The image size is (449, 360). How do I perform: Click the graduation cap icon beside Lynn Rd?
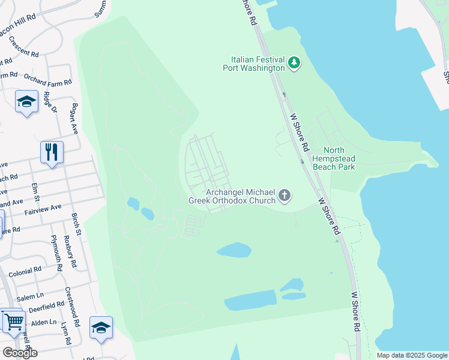pos(101,327)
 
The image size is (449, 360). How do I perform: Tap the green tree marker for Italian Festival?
pos(294,62)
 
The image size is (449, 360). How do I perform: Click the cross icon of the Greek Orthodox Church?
pos(285,195)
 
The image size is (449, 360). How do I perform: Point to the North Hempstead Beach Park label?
pos(339,158)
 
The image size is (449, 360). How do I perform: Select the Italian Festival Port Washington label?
pos(258,64)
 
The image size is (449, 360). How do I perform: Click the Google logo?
pos(20,353)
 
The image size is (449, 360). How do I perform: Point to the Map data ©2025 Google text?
pos(411,355)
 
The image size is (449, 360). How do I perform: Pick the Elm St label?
pos(37,194)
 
